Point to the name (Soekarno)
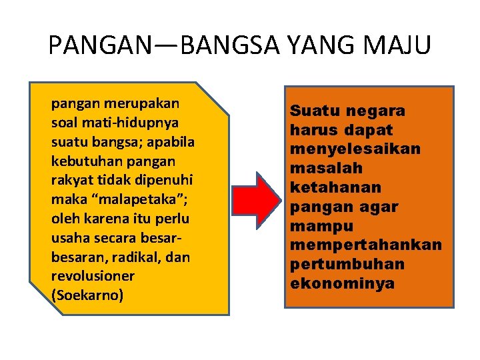[87, 295]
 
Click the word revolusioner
[93, 276]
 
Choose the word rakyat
[70, 180]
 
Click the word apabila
[174, 142]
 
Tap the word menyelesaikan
[355, 149]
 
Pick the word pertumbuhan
[347, 264]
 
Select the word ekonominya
[342, 283]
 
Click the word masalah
[326, 168]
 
